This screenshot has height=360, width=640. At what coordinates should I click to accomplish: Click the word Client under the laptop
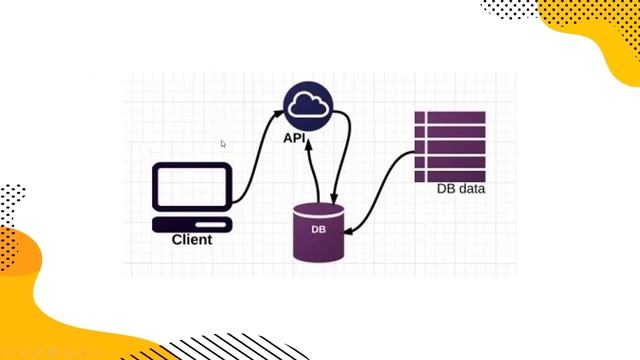[192, 240]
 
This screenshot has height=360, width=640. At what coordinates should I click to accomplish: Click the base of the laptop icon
[192, 223]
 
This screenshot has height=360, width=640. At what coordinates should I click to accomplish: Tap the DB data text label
[460, 189]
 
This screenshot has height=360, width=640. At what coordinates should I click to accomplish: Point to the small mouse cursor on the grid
[223, 144]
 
